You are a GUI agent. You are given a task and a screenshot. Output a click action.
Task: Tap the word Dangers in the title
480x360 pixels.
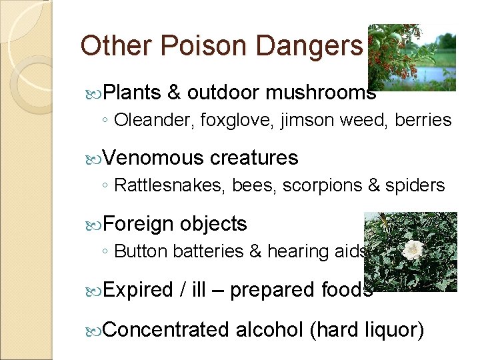(309, 46)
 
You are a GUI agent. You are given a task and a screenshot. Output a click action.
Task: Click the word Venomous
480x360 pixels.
(154, 158)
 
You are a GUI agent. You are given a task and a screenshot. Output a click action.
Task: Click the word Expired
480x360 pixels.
(139, 290)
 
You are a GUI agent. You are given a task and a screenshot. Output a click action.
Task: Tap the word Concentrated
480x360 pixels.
(167, 329)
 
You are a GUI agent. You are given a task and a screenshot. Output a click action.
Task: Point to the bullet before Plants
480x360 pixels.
(94, 93)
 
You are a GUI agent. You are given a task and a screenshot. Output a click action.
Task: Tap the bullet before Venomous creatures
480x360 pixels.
(94, 158)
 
